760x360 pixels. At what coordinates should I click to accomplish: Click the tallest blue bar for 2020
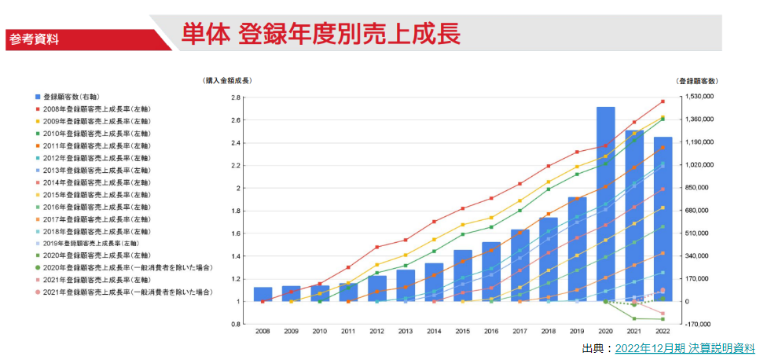click(605, 204)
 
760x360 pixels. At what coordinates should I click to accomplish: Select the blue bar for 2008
click(263, 294)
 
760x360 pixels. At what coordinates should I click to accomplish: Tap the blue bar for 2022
click(663, 219)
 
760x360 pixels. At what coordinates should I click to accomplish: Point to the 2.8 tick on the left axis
click(234, 98)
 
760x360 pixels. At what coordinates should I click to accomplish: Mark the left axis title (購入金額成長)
click(227, 81)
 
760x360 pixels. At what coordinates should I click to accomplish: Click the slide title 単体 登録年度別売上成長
click(321, 33)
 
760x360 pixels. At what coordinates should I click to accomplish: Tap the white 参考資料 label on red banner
click(34, 39)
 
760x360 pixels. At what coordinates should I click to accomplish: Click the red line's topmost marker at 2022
click(663, 101)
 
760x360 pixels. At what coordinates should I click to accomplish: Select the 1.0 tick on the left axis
click(234, 302)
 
